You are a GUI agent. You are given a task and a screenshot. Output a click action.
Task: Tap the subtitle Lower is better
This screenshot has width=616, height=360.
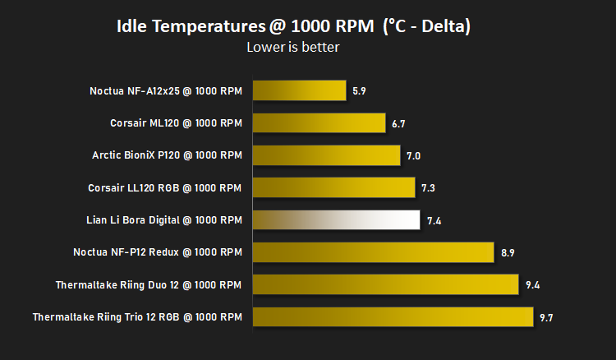pyautogui.click(x=293, y=47)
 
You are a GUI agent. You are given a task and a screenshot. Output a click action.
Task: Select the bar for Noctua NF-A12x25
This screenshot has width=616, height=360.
pyautogui.click(x=299, y=90)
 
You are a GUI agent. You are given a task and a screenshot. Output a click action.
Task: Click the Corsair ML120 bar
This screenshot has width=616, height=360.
pyautogui.click(x=319, y=123)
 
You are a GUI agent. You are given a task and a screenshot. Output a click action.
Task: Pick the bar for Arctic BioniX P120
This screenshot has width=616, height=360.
pyautogui.click(x=326, y=155)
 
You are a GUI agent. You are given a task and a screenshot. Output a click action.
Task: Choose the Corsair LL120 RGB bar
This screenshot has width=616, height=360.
pyautogui.click(x=334, y=187)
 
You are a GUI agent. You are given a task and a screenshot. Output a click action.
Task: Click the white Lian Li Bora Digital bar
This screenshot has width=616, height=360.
pyautogui.click(x=336, y=219)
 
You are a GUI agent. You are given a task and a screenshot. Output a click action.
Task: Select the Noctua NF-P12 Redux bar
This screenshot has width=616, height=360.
pyautogui.click(x=373, y=252)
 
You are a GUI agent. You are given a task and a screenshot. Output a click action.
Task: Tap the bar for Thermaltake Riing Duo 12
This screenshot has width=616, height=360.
pyautogui.click(x=385, y=284)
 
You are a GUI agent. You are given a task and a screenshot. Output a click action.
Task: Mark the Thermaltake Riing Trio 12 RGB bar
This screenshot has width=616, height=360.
pyautogui.click(x=393, y=316)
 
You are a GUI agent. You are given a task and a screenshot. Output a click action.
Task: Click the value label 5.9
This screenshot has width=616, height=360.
pyautogui.click(x=359, y=91)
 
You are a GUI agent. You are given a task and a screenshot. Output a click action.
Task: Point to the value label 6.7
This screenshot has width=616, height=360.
pyautogui.click(x=398, y=124)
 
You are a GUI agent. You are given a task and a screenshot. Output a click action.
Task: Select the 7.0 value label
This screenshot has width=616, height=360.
pyautogui.click(x=413, y=156)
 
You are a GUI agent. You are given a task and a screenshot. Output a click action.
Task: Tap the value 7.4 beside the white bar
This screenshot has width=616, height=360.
pyautogui.click(x=434, y=221)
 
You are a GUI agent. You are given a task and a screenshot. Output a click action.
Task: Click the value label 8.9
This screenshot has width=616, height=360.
pyautogui.click(x=508, y=253)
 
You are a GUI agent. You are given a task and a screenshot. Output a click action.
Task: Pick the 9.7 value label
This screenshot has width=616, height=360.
pyautogui.click(x=546, y=317)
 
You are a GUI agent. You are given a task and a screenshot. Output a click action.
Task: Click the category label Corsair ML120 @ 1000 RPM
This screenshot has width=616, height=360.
pyautogui.click(x=176, y=123)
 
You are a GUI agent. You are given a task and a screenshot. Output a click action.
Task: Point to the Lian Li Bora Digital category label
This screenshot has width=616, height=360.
pyautogui.click(x=164, y=220)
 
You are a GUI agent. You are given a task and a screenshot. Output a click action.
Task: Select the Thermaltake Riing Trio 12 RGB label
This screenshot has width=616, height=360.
pyautogui.click(x=137, y=316)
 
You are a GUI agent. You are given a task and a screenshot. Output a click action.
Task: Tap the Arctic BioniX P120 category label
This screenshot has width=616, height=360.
pyautogui.click(x=167, y=155)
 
